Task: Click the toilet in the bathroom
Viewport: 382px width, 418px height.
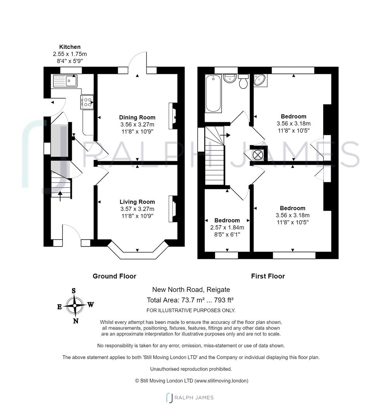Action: pyautogui.click(x=244, y=82)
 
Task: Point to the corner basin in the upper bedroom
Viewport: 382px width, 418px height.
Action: pyautogui.click(x=259, y=80)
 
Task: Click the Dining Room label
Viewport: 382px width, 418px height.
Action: pyautogui.click(x=137, y=117)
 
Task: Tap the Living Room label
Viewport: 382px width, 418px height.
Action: pyautogui.click(x=137, y=202)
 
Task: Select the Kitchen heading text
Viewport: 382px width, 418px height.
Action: pyautogui.click(x=70, y=47)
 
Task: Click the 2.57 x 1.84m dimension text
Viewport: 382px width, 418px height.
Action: pyautogui.click(x=227, y=228)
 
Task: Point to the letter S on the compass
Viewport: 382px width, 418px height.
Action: pyautogui.click(x=73, y=291)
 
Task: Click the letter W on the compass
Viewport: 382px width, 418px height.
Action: pyautogui.click(x=90, y=304)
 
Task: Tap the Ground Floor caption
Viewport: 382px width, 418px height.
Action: pyautogui.click(x=114, y=276)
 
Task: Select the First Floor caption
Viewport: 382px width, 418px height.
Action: pyautogui.click(x=268, y=276)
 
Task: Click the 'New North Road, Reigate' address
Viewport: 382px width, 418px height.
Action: pyautogui.click(x=191, y=289)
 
